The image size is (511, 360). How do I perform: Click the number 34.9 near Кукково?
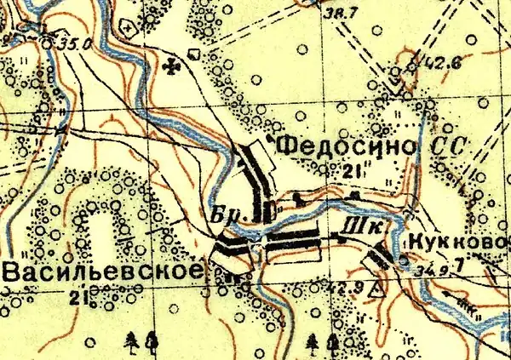coord(433,267)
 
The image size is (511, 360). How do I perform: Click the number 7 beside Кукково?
coord(461,266)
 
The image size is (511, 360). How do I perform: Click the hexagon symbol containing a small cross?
coord(128,27)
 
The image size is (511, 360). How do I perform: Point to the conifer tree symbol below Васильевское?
coord(132,341)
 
